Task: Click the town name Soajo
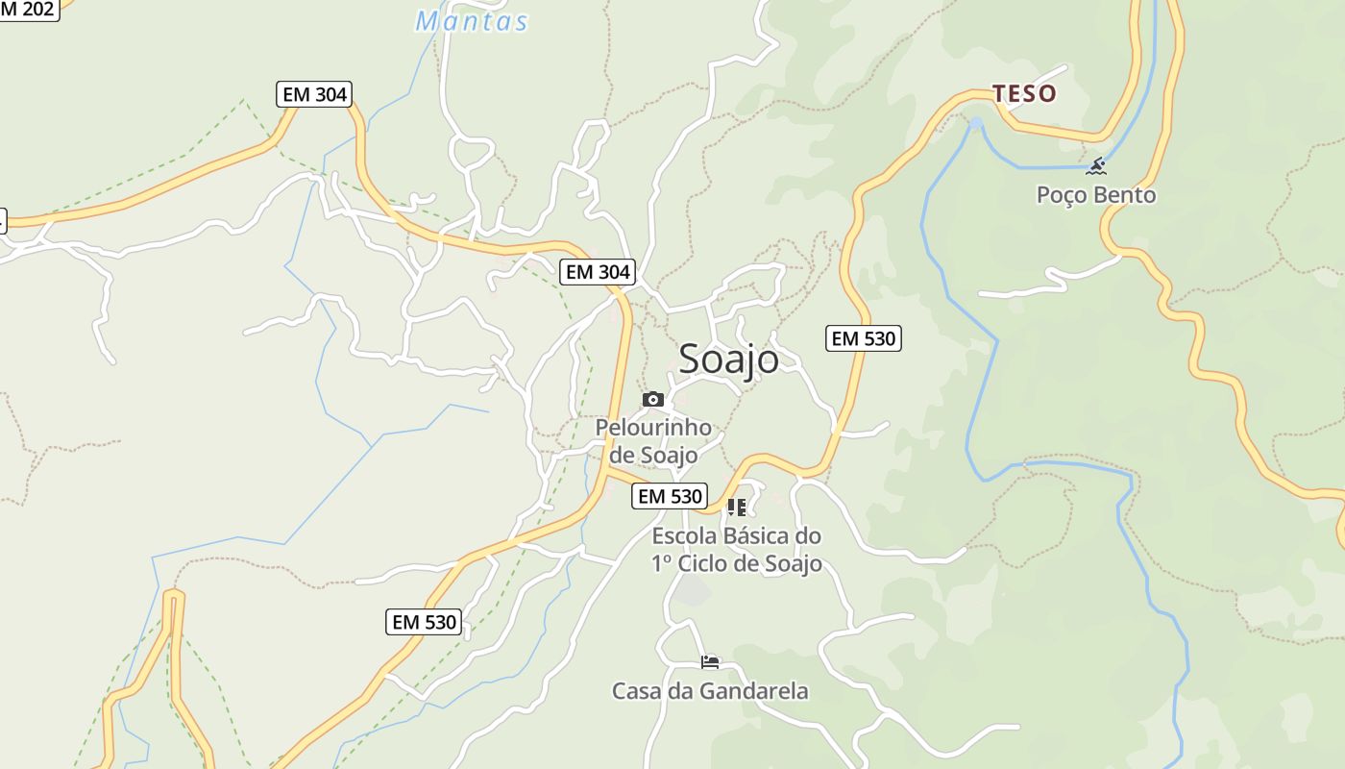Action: click(728, 360)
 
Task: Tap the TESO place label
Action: click(1024, 93)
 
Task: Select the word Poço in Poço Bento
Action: click(1064, 195)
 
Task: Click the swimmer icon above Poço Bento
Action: click(1096, 166)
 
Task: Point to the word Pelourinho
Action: click(653, 428)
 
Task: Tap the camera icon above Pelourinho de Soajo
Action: click(653, 399)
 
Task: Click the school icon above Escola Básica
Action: click(737, 508)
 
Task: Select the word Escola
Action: click(684, 535)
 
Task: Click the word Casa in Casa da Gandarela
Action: click(636, 691)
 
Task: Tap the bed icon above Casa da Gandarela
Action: click(710, 662)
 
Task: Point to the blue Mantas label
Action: click(472, 21)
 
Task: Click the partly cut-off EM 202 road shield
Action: click(29, 9)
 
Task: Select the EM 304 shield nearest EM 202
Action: click(314, 94)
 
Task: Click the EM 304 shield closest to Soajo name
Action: click(598, 272)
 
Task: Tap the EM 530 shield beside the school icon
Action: click(670, 496)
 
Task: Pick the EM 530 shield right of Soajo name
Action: click(863, 338)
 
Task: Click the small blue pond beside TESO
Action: click(976, 124)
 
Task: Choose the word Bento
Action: click(1126, 195)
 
